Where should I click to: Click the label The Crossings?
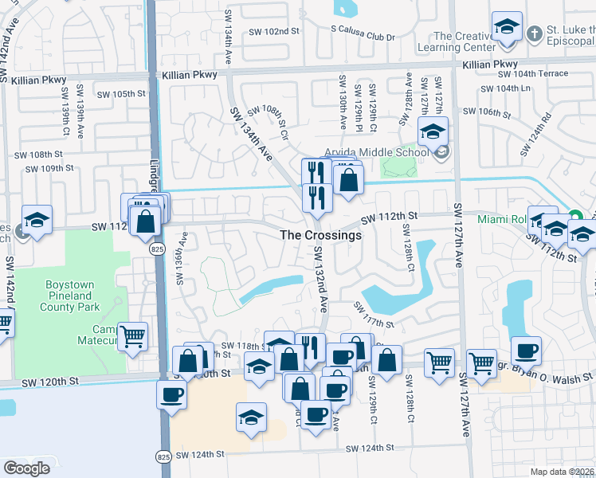(320, 236)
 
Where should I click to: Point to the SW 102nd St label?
(273, 31)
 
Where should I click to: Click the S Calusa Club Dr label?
(363, 37)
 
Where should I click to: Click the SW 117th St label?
(373, 314)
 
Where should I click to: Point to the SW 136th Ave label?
(181, 258)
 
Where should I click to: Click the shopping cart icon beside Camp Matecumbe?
(132, 336)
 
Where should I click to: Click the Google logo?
(27, 468)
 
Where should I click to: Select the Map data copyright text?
(561, 472)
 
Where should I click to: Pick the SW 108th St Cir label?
(268, 123)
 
